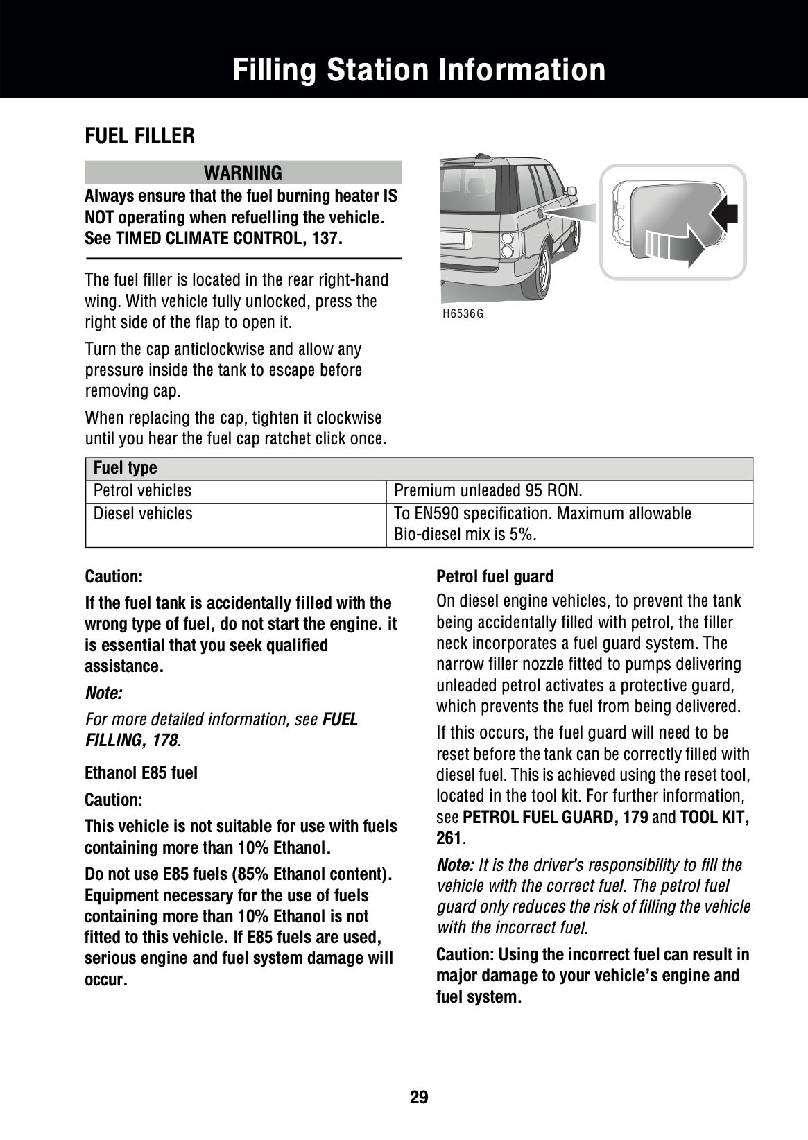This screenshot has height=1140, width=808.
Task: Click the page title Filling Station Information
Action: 419,70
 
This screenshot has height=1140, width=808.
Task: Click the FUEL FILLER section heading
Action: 139,136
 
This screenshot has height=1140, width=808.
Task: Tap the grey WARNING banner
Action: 243,172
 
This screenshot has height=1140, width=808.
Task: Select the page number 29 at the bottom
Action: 419,1097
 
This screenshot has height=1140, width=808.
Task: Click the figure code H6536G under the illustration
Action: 463,313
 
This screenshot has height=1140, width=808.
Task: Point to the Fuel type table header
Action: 126,468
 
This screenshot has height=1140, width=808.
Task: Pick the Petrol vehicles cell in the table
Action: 142,491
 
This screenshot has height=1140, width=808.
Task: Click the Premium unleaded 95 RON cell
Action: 488,491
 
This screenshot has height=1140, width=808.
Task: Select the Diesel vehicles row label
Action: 143,514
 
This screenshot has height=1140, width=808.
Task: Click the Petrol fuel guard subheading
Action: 495,577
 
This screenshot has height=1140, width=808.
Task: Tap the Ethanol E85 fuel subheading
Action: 141,772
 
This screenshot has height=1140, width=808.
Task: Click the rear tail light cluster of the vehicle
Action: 508,245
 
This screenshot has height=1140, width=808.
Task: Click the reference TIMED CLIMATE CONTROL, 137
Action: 229,239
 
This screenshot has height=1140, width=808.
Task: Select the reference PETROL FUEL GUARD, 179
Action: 555,817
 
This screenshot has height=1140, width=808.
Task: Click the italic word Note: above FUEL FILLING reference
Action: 103,693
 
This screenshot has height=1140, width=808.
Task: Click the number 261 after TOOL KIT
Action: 449,838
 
